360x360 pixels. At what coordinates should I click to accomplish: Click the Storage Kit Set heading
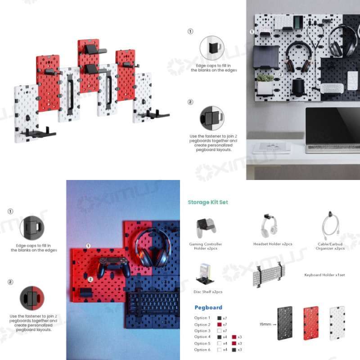pos(208,202)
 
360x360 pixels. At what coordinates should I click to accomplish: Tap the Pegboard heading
pos(208,308)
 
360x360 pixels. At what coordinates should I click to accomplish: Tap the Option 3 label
pos(202,331)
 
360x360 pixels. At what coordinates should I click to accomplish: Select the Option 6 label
pos(202,350)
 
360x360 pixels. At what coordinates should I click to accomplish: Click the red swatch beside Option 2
pos(219,324)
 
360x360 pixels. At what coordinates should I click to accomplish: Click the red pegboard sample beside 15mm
pos(311,323)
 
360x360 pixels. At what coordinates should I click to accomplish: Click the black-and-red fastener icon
pos(31,299)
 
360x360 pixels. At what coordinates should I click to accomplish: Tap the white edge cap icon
pos(211,47)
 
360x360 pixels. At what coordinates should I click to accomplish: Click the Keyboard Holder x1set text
pos(324,275)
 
